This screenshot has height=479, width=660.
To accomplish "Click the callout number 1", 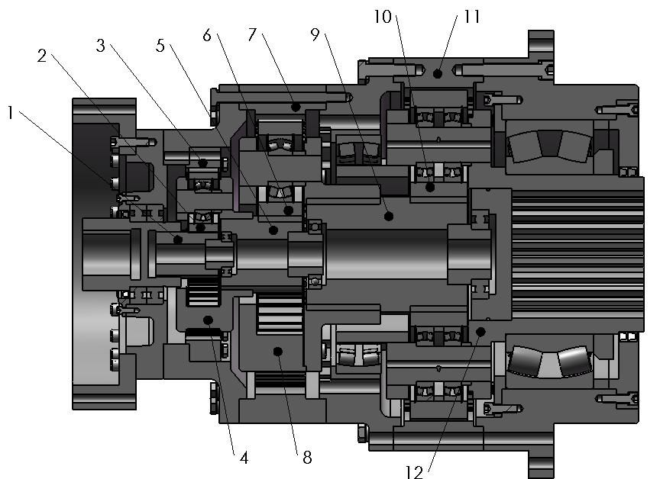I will (11, 112).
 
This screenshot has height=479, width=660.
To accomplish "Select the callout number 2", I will (42, 56).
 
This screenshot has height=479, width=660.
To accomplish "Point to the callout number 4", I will (244, 458).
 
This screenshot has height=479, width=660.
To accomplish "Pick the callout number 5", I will (160, 45).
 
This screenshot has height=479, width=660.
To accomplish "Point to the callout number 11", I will (472, 16).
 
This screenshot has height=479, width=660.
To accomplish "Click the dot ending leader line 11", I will (437, 74).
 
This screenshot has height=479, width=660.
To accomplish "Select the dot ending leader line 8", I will (278, 351).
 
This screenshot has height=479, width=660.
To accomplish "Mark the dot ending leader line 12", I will (480, 330).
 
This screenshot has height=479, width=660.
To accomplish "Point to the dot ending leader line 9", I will (390, 216).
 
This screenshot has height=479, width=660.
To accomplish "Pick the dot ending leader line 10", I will (429, 186).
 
